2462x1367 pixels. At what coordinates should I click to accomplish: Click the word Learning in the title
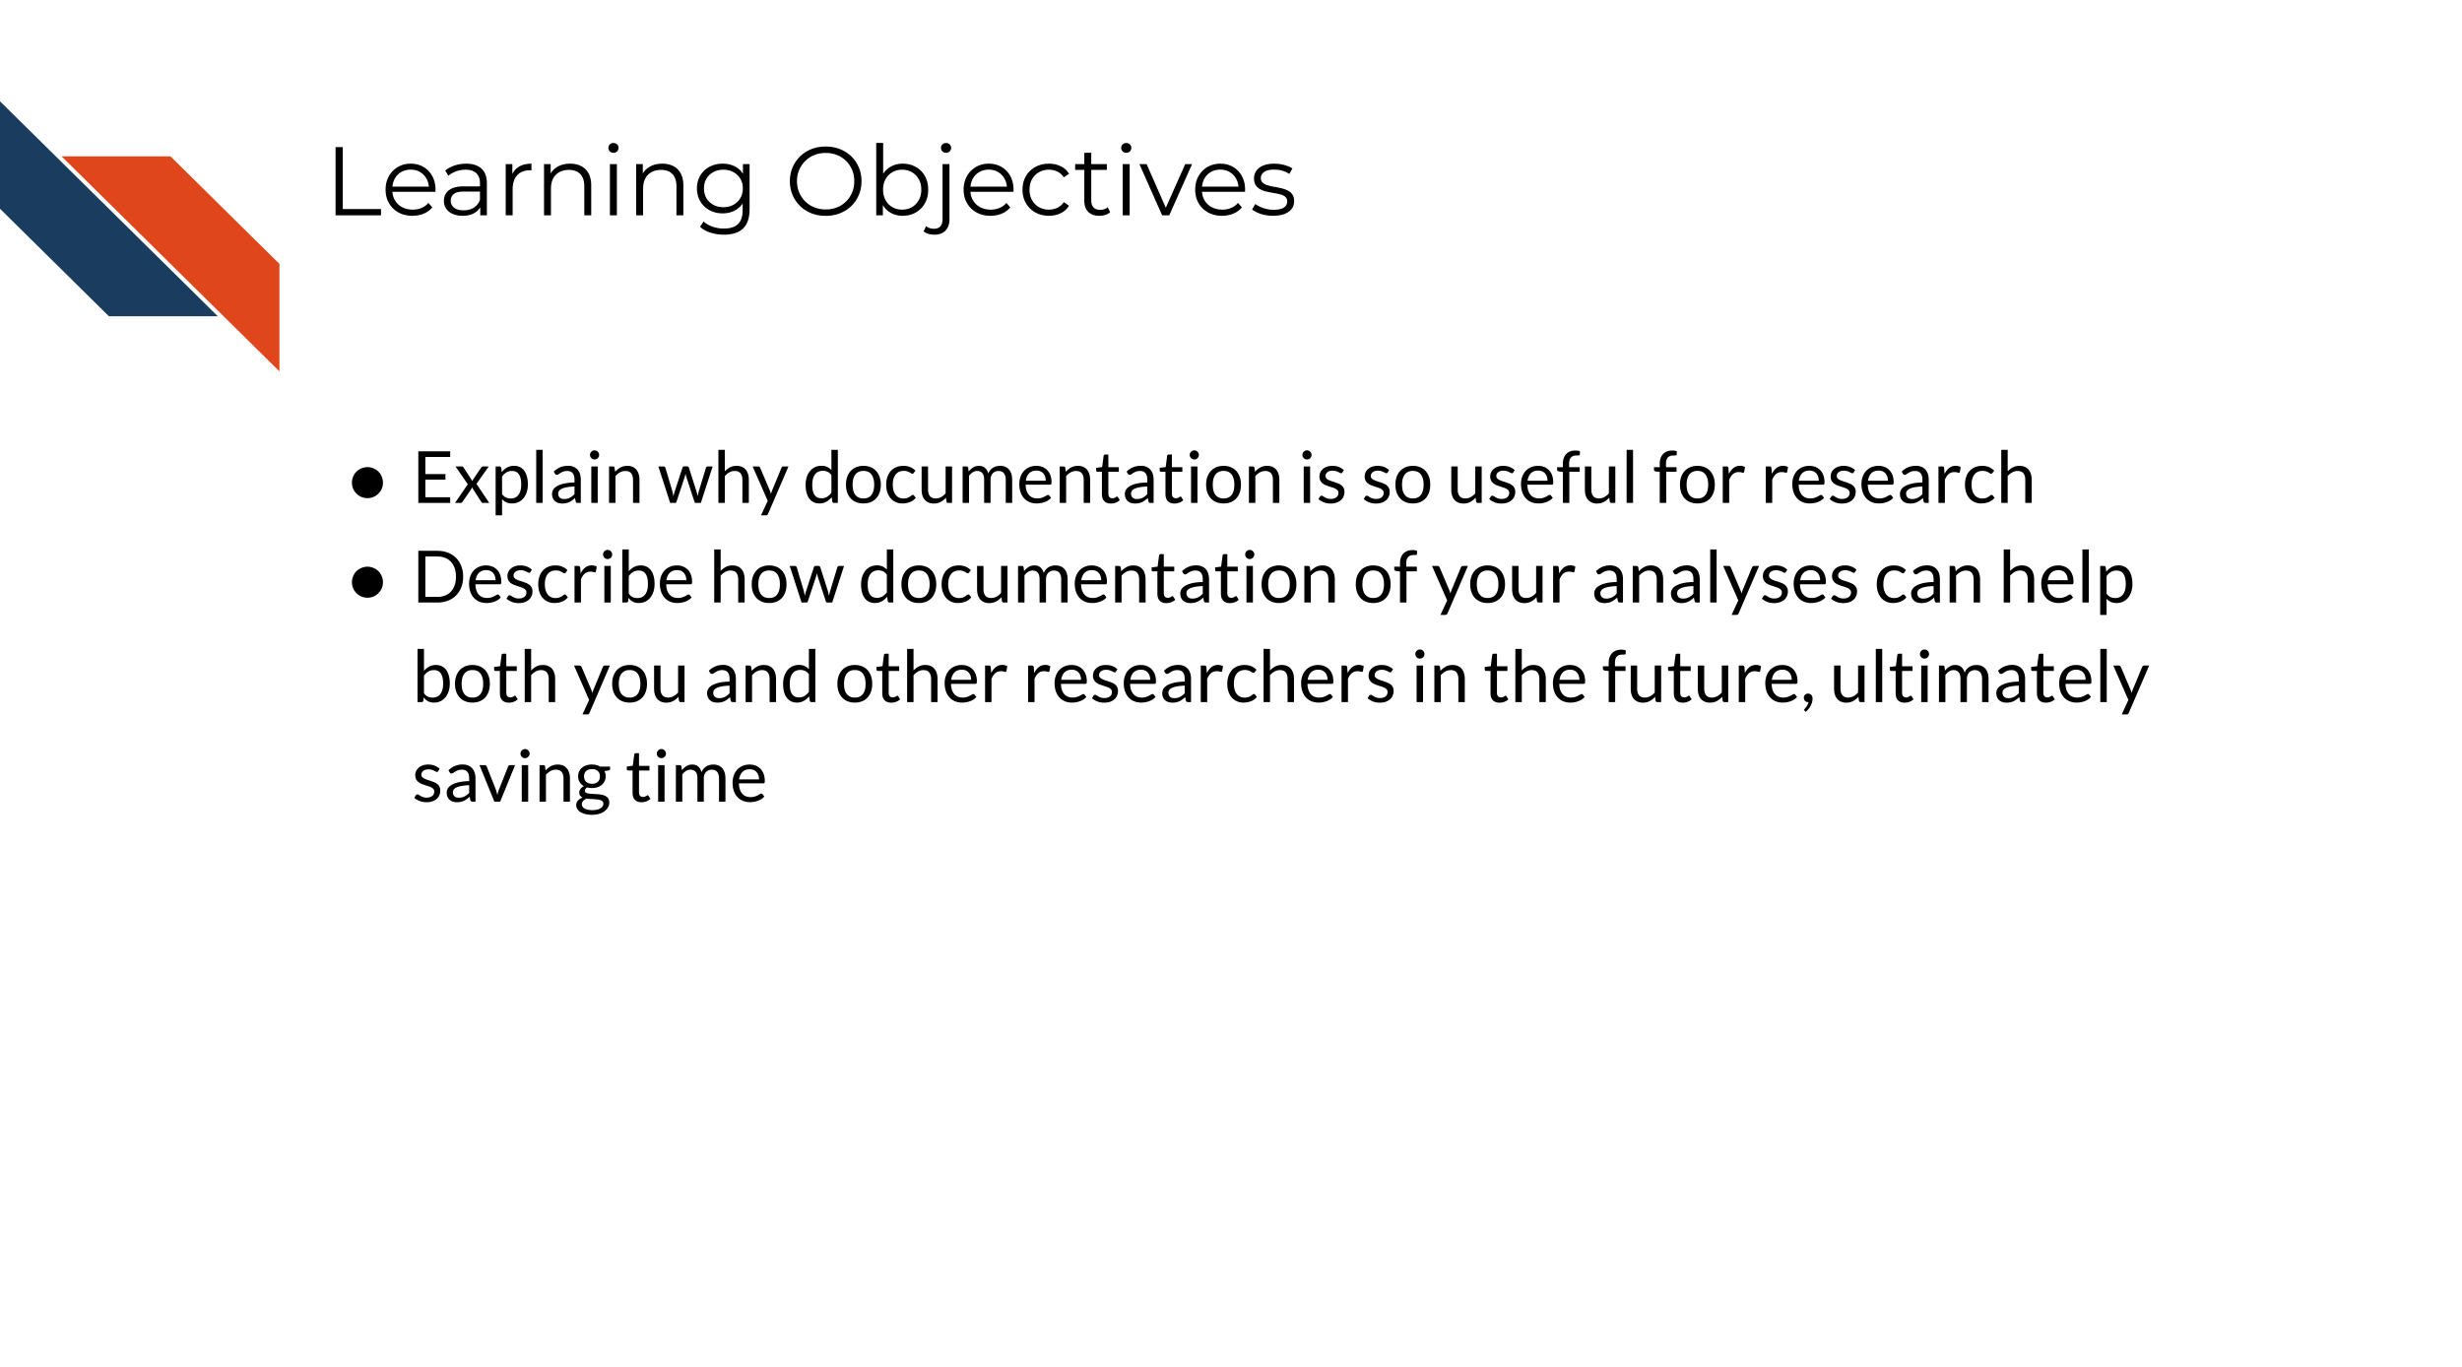541,184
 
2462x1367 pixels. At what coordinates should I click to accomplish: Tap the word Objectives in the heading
1040,184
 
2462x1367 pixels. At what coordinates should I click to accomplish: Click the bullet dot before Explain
367,483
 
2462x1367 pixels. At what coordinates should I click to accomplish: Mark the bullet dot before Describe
367,582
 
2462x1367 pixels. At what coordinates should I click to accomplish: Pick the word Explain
527,480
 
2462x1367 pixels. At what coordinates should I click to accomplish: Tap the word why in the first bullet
723,482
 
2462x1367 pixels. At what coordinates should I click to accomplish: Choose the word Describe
553,579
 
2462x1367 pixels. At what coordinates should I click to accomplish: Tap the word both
486,679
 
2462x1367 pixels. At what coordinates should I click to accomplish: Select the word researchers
1209,679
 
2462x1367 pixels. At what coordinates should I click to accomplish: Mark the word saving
511,781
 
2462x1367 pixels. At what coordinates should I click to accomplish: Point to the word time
696,779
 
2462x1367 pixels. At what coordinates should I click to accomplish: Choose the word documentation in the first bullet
1043,480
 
